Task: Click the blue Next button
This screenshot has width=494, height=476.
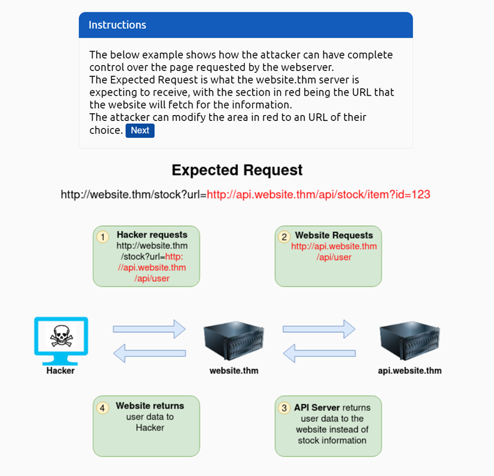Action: point(139,130)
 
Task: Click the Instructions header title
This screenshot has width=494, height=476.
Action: point(117,25)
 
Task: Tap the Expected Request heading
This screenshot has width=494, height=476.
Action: point(237,170)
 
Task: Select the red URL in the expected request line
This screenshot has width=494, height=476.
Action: point(319,194)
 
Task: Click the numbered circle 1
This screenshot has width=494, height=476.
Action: point(103,237)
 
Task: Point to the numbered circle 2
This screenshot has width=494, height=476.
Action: point(284,237)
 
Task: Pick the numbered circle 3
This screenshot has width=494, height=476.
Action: point(285,407)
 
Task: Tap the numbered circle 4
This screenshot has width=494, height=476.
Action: point(103,407)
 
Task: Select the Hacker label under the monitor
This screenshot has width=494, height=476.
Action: point(61,370)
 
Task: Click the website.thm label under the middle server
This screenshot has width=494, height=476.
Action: point(234,370)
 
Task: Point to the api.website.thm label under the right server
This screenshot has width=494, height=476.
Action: point(410,370)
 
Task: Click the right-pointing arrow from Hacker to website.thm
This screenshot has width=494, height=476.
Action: point(149,329)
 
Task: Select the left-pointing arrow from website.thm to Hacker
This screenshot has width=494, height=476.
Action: point(149,353)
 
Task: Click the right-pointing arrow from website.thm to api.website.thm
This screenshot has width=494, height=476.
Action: point(319,329)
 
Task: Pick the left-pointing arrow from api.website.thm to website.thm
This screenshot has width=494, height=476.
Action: point(319,353)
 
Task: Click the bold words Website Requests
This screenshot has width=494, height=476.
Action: point(334,235)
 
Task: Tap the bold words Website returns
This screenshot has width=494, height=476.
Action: point(150,406)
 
